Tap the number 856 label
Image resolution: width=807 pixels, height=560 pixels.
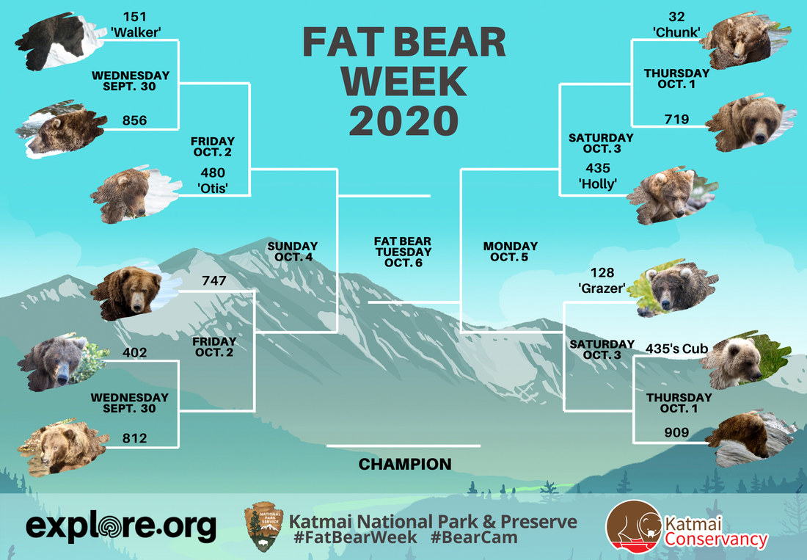134,120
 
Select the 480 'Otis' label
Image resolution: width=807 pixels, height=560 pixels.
213,180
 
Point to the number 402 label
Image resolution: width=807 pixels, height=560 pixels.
134,352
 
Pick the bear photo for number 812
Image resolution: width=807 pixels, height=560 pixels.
63,447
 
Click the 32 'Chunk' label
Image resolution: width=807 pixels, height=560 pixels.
676,24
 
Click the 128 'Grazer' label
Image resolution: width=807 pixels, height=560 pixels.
602,280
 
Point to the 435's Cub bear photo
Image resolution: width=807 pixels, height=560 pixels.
745,360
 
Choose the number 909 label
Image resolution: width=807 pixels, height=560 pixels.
676,432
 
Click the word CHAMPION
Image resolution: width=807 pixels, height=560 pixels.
405,465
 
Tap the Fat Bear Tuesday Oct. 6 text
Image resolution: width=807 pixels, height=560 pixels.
403,252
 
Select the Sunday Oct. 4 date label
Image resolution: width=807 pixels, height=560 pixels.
292,252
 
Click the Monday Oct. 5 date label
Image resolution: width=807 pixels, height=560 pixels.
510,252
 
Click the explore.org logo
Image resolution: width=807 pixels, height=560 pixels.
122,526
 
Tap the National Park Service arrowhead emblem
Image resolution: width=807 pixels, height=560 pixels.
263,526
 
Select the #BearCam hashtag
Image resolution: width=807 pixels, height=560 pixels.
474,538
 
